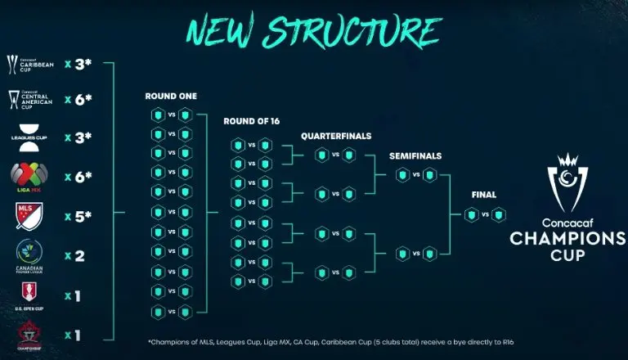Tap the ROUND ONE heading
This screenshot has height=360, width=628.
tap(171, 96)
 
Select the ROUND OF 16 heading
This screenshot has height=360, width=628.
tap(251, 121)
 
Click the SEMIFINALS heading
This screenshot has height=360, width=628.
tap(415, 155)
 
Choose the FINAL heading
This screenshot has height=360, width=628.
tap(484, 195)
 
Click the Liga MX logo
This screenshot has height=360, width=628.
tap(24, 176)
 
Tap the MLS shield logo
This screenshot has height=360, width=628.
tap(24, 216)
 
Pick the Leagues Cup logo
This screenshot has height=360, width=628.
tap(24, 136)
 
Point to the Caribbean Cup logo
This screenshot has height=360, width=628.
tap(24, 63)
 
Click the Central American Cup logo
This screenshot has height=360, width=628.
tap(24, 100)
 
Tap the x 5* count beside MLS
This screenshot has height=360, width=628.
tap(78, 217)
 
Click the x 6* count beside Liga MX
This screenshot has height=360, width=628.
tap(78, 177)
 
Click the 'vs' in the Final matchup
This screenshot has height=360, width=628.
tap(485, 214)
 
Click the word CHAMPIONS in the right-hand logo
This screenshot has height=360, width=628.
tap(567, 238)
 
